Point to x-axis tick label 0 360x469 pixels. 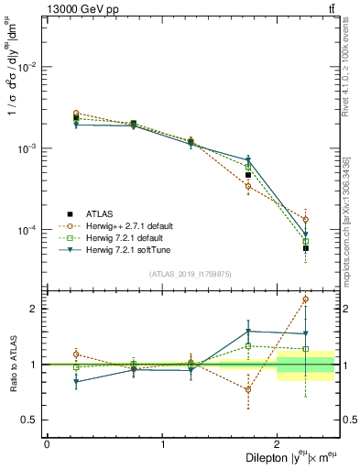[47, 444]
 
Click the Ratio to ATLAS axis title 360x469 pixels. [13, 364]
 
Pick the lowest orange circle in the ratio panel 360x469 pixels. [248, 389]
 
